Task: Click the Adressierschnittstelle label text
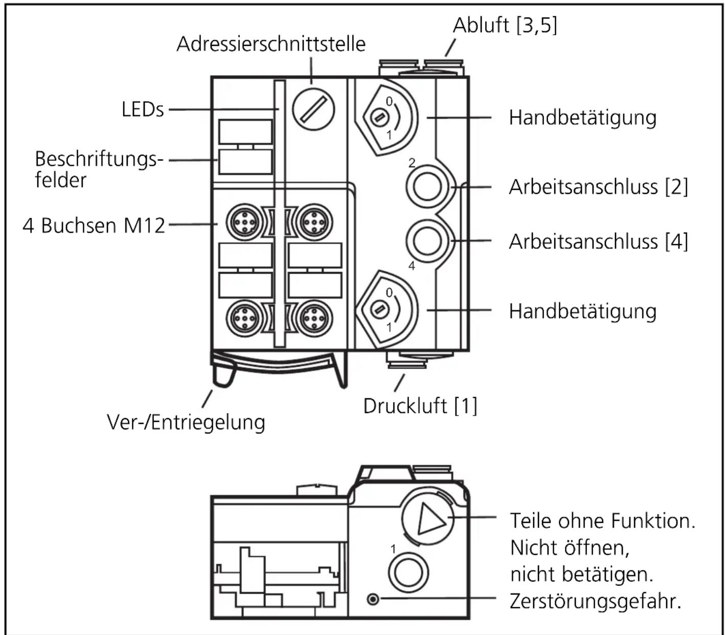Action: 271,44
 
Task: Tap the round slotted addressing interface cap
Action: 313,109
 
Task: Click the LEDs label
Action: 143,109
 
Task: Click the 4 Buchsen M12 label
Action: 94,225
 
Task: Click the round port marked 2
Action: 427,187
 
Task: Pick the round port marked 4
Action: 427,241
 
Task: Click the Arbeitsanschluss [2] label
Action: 598,187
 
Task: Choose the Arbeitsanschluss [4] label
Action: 598,241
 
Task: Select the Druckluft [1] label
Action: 420,406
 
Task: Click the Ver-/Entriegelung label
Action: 186,423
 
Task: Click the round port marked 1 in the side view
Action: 408,572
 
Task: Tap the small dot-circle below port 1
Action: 373,599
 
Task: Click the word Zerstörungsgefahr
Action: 596,601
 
